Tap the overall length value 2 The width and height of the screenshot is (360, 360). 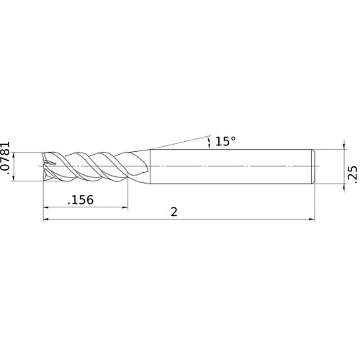click(175, 212)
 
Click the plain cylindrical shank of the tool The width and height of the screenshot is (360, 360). click(230, 167)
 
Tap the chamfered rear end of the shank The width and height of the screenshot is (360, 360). click(314, 167)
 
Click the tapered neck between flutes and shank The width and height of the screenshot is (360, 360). click(143, 167)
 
